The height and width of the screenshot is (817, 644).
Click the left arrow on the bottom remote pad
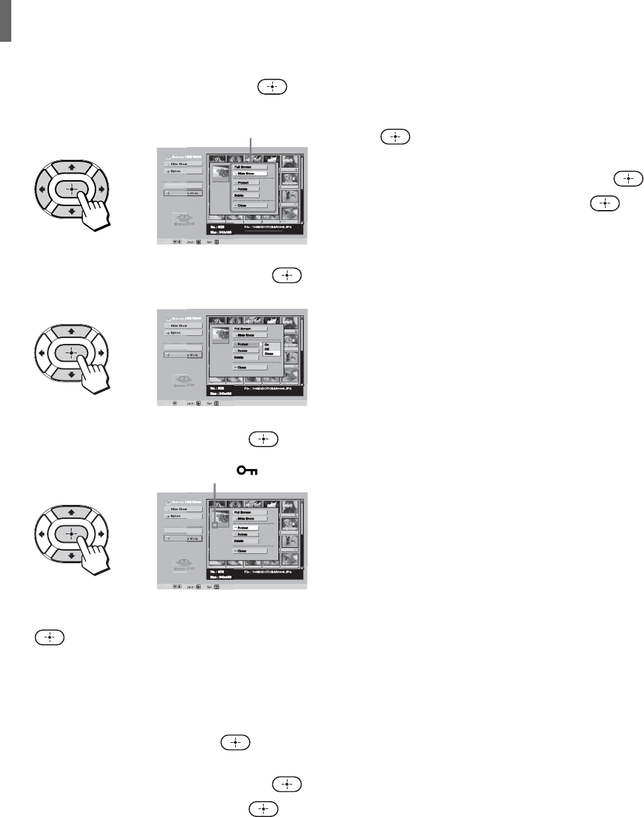42,533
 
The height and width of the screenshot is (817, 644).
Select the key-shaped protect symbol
248,470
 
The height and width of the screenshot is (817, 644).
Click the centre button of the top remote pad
72,189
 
